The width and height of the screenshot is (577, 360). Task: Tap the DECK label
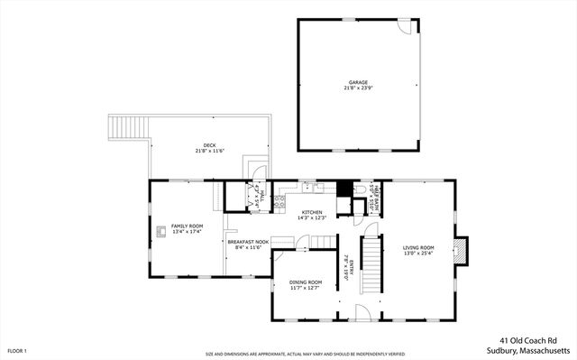tap(209, 144)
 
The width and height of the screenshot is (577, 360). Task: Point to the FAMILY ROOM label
tap(188, 226)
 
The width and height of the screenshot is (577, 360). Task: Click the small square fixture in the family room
tap(161, 230)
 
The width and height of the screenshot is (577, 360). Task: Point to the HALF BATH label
tap(377, 192)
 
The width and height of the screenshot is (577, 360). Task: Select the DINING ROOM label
tap(305, 282)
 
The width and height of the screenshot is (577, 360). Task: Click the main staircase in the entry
tap(371, 263)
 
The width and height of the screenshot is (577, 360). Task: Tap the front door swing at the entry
tap(362, 312)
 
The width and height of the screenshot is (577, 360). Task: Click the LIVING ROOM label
tap(419, 247)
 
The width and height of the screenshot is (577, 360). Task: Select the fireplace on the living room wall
tap(462, 252)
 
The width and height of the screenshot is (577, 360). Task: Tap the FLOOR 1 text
tap(17, 349)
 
